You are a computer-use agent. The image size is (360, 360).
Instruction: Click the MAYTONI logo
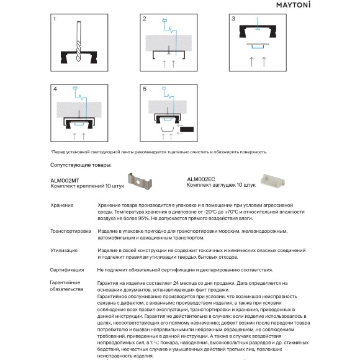(293, 5)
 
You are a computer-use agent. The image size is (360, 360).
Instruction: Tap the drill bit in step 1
(79, 42)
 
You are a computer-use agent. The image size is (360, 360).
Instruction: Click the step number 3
(233, 19)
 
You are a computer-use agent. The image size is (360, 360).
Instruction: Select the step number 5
(145, 89)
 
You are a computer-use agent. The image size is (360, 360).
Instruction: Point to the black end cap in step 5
(187, 130)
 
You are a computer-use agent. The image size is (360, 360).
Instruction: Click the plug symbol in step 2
(164, 20)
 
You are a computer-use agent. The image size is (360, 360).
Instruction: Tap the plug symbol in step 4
(75, 88)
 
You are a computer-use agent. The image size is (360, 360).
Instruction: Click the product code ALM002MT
(65, 181)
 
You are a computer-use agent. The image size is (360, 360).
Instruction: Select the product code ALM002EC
(201, 179)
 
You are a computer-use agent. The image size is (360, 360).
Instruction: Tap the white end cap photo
(272, 181)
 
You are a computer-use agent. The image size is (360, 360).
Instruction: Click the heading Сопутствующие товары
(81, 165)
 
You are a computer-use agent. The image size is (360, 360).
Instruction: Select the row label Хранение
(62, 205)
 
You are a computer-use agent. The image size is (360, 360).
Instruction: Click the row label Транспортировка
(71, 231)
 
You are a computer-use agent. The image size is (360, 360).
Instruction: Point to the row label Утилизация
(64, 251)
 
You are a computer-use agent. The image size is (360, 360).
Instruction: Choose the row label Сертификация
(67, 270)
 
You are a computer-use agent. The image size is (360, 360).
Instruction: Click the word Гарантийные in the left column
(65, 282)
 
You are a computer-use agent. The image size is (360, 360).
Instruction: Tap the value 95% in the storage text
(144, 218)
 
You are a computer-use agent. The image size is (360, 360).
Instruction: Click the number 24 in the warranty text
(176, 283)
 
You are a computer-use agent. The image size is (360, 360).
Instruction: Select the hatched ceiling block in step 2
(169, 43)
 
